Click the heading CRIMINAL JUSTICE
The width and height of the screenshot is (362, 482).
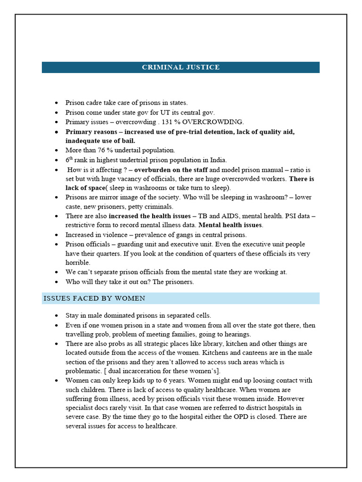point(181,67)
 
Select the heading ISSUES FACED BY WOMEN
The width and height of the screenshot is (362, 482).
point(94,298)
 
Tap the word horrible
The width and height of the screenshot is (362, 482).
point(78,263)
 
